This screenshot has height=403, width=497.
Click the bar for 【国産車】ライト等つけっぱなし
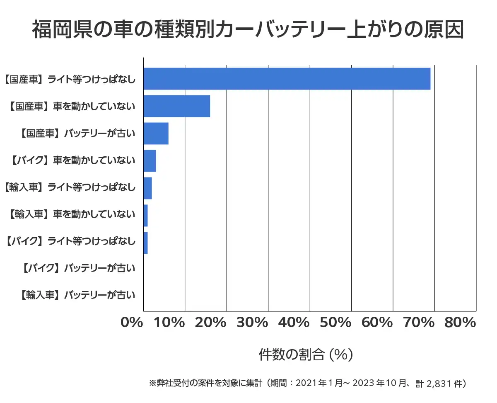click(x=287, y=79)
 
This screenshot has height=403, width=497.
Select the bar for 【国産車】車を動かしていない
click(x=176, y=106)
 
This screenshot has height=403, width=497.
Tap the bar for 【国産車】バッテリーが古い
click(x=156, y=134)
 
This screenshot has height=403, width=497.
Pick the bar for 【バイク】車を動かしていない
click(x=150, y=161)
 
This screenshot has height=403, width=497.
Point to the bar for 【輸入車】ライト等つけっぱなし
click(x=147, y=188)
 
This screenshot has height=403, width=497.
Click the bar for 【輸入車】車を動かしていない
click(x=145, y=216)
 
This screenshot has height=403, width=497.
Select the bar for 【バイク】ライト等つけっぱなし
click(x=145, y=243)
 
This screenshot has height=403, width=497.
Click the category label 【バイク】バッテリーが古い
click(x=77, y=268)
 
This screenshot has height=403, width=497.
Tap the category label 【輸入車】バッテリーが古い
click(x=77, y=296)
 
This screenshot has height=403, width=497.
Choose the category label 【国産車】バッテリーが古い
click(x=77, y=134)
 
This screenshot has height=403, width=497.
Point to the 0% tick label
click(x=132, y=323)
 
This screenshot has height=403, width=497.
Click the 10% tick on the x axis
click(x=170, y=323)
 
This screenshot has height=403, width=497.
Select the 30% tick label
click(x=253, y=323)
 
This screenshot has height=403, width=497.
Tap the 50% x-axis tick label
click(x=336, y=323)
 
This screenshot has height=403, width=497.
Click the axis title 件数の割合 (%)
click(x=306, y=354)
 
